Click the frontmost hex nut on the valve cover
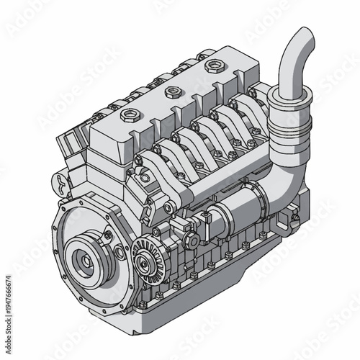click(131, 114)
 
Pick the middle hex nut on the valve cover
click(172, 91)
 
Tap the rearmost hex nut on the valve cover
click(212, 67)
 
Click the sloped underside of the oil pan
click(216, 302)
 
